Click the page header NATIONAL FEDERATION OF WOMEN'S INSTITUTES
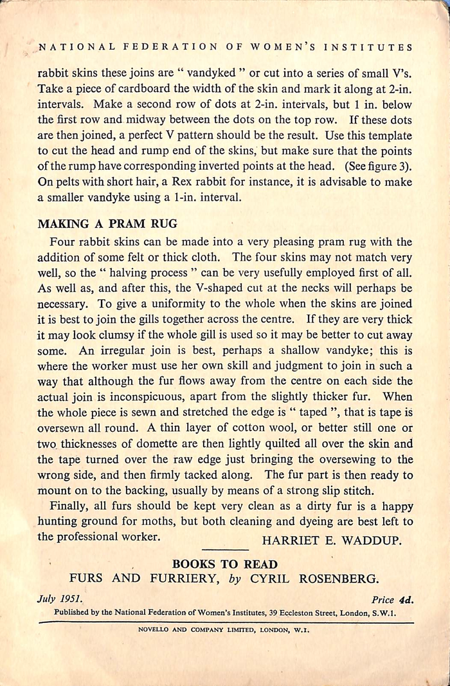point(226,47)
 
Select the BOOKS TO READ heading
point(224,564)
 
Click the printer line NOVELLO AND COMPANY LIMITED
point(224,630)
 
